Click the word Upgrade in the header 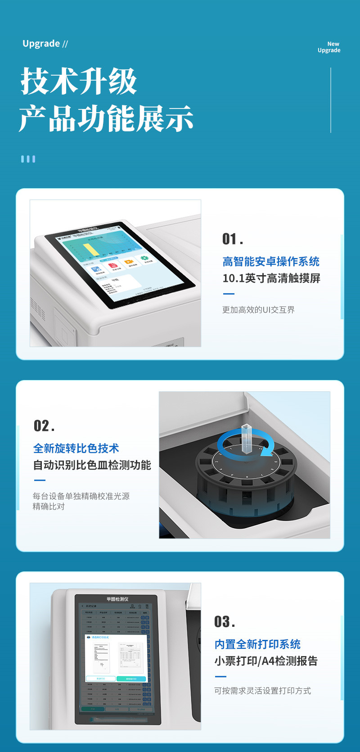coord(41,44)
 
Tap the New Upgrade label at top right coord(329,47)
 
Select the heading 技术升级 coord(79,82)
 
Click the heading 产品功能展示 coord(106,118)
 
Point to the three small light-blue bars coord(28,159)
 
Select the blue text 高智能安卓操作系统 coord(271,262)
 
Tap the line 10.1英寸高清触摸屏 coord(271,278)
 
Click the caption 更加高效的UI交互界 coord(258,310)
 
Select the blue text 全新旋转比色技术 coord(76,448)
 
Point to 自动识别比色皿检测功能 coord(92,465)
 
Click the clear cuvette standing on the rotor coord(246,438)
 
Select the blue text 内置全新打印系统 coord(257,644)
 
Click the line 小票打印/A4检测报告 coord(266,661)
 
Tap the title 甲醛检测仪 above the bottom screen coord(117,599)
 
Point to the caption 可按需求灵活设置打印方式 coord(262,691)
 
